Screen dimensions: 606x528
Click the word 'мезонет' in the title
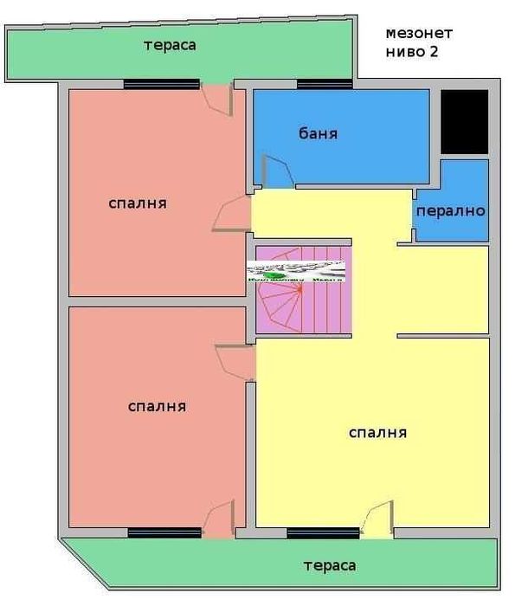(419, 34)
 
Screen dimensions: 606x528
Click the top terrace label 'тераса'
(170, 45)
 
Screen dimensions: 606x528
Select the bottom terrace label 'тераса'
(329, 565)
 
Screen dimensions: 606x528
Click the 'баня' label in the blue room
(318, 134)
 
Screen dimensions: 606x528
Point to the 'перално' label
(450, 211)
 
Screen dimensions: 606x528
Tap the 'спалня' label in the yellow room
(377, 432)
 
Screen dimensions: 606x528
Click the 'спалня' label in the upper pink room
(138, 203)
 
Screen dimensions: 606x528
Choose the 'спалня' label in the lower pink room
(157, 405)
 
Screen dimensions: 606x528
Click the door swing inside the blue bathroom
(275, 171)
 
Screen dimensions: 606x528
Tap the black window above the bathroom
(324, 84)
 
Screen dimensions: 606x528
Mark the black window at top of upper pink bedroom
(161, 84)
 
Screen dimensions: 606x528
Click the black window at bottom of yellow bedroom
(322, 532)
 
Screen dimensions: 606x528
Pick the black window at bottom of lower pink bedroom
(164, 532)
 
